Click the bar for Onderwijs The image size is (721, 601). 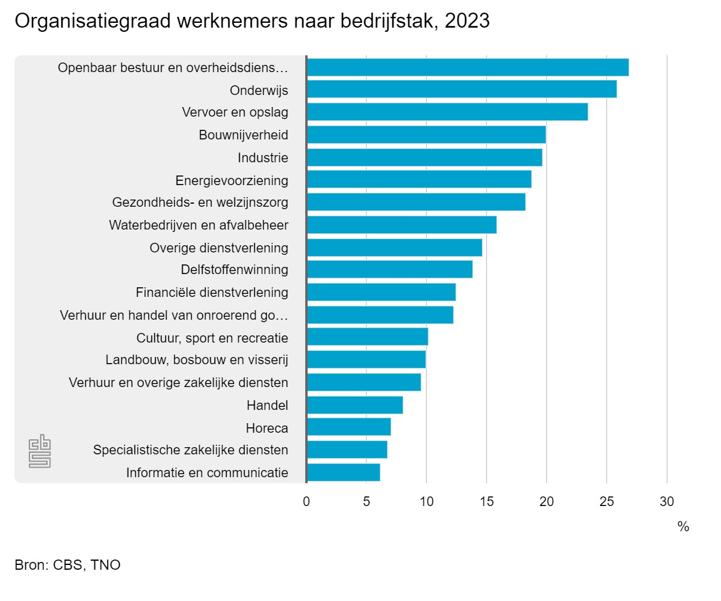(461, 90)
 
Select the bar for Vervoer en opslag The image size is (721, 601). (447, 112)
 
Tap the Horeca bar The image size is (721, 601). (348, 427)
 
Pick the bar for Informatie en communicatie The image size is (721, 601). (343, 472)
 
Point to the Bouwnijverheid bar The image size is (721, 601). (426, 135)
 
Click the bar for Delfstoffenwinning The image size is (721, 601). (389, 269)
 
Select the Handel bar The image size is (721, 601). (354, 405)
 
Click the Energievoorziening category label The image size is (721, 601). (232, 180)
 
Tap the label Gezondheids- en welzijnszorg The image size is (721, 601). (200, 203)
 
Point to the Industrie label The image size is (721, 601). (263, 158)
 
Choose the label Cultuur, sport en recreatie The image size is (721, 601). (213, 338)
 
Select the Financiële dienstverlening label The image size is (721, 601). (212, 293)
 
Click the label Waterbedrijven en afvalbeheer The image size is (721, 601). (199, 225)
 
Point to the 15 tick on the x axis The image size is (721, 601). (487, 501)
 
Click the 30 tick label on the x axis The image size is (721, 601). (667, 501)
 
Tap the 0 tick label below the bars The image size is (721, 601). (306, 501)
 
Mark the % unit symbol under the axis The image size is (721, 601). (683, 526)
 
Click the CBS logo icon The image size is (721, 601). (40, 451)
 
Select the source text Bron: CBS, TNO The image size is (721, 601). (67, 565)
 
